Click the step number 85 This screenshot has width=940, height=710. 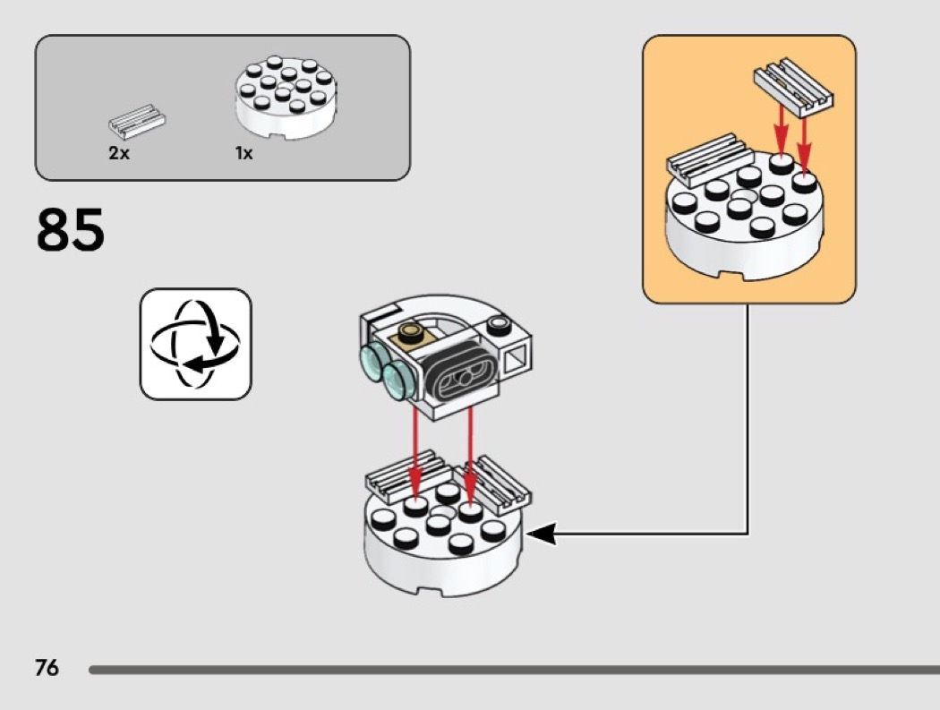[71, 230]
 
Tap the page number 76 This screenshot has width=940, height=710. [47, 668]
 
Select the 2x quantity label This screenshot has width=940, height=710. [119, 153]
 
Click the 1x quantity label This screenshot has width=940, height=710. [244, 153]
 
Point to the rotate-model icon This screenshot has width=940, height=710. [195, 344]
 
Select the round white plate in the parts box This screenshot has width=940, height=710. [286, 98]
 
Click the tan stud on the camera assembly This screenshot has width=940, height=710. [414, 334]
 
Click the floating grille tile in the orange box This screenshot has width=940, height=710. [793, 90]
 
